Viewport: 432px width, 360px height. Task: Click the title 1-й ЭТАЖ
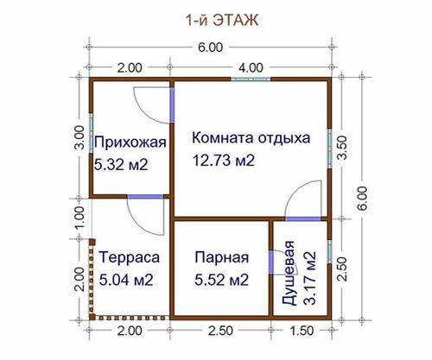point(222,21)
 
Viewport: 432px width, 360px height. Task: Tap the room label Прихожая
point(130,142)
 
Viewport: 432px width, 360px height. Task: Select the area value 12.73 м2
point(224,161)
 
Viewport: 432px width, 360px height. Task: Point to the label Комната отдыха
point(251,138)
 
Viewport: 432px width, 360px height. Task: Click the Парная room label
point(222,257)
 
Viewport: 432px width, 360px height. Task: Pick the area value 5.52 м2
point(221,280)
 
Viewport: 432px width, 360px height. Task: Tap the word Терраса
point(129,257)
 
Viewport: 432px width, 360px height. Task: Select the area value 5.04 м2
point(126,280)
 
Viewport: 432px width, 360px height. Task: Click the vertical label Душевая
point(289,273)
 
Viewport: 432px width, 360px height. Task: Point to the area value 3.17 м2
point(310,278)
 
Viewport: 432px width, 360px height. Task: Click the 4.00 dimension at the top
point(251,68)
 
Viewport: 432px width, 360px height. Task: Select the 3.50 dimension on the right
point(342,148)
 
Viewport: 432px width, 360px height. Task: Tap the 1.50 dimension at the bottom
point(302,331)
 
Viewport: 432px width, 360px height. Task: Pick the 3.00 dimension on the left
point(79,137)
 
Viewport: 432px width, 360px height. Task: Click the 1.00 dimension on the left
point(79,218)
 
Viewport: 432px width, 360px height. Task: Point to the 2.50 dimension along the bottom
point(220,331)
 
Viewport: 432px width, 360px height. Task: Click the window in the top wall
point(251,79)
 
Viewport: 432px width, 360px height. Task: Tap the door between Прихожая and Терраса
point(145,197)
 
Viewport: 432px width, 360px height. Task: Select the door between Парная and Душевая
point(271,262)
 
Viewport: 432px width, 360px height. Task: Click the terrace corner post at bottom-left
point(92,318)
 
